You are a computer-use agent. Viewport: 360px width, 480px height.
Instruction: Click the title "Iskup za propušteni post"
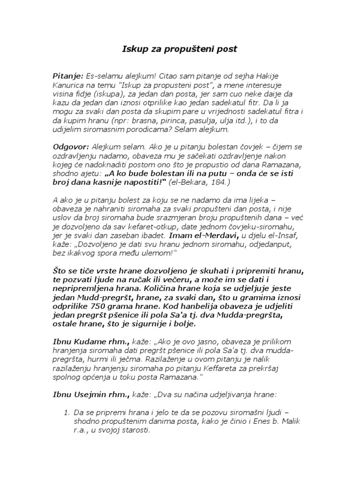pyautogui.click(x=180, y=49)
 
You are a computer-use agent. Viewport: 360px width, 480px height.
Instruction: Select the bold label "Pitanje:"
pyautogui.click(x=68, y=75)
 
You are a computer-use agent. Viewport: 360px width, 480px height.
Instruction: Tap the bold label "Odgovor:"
pyautogui.click(x=71, y=147)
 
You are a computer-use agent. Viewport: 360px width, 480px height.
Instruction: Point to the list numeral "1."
pyautogui.click(x=67, y=413)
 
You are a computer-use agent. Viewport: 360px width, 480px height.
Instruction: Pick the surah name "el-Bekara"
pyautogui.click(x=184, y=182)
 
